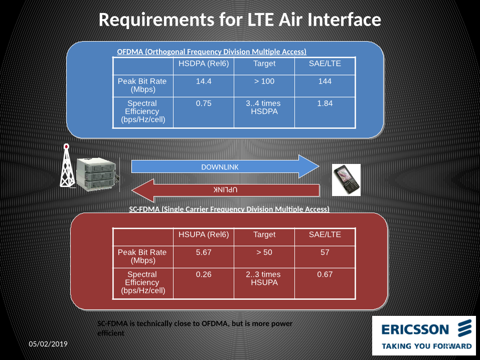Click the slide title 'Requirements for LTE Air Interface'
(240, 20)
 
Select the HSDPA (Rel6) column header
(204, 64)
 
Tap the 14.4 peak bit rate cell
(204, 81)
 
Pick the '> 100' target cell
(264, 81)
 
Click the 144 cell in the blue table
(325, 81)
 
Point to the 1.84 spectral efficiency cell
(325, 103)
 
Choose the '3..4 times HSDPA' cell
(264, 107)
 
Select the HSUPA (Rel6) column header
(204, 235)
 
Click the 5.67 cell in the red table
(204, 252)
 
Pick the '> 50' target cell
(264, 252)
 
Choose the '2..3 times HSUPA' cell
(264, 278)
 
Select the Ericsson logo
(426, 335)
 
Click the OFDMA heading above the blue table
(211, 52)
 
